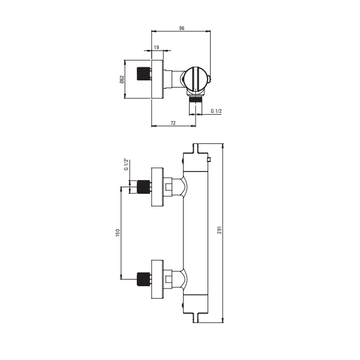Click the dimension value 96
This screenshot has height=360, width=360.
tap(182, 28)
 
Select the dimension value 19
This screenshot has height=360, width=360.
tap(157, 47)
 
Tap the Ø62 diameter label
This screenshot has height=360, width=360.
tap(122, 79)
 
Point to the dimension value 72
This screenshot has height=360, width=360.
tap(173, 123)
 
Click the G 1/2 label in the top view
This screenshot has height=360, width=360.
tap(216, 111)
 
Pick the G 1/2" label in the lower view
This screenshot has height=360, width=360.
tap(126, 164)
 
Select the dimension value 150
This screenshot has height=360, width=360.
tap(118, 233)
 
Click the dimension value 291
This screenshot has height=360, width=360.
tap(220, 230)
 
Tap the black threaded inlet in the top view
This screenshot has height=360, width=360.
tap(143, 74)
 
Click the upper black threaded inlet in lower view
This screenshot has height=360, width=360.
tap(143, 187)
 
